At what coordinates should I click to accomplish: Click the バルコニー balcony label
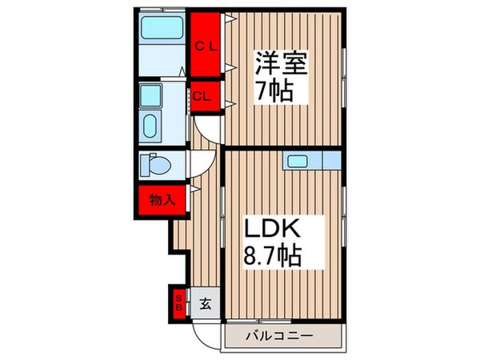click(280, 335)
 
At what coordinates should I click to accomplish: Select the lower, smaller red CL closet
click(205, 96)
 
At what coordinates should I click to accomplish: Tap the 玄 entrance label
click(204, 303)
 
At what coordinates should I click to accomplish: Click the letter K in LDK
click(290, 230)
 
